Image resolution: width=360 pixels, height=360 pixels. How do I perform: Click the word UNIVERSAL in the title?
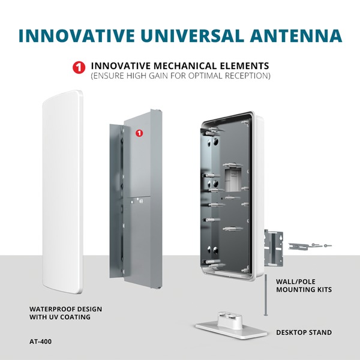(192, 35)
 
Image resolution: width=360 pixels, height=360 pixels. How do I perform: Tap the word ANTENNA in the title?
(296, 35)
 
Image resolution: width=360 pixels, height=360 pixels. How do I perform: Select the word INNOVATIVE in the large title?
(76, 35)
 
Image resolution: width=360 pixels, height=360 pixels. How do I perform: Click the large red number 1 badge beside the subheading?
(79, 67)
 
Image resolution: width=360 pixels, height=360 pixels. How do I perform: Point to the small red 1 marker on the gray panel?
(139, 133)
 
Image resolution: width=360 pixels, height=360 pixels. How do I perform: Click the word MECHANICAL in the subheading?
(184, 66)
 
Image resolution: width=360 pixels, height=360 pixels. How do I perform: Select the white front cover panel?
(62, 192)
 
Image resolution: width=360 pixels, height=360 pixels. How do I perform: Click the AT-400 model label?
(40, 341)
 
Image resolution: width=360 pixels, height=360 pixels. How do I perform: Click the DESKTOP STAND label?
(304, 332)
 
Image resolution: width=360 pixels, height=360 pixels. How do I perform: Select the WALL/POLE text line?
(295, 281)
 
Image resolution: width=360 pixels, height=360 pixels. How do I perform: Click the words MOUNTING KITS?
(304, 290)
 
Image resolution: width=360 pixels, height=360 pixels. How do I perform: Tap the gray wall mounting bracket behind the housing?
(274, 248)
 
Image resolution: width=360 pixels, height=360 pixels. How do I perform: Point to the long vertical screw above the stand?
(266, 295)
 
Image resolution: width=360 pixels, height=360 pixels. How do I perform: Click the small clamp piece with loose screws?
(310, 246)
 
